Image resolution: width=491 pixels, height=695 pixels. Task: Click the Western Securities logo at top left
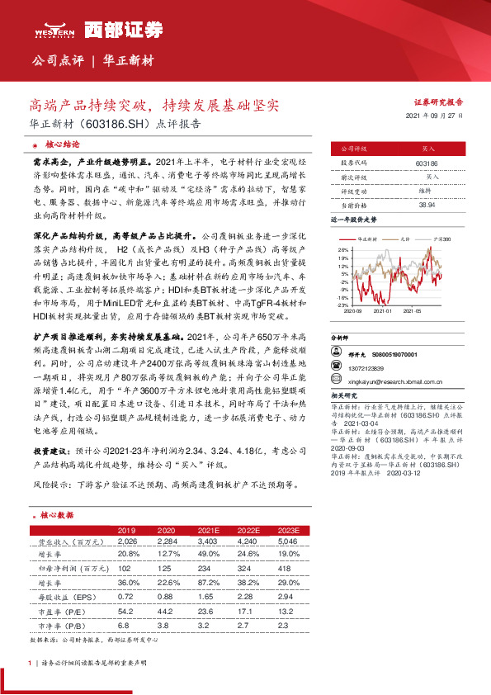click(51, 31)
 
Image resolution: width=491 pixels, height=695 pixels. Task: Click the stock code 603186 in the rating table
click(427, 164)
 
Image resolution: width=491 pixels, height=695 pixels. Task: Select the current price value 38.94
click(427, 204)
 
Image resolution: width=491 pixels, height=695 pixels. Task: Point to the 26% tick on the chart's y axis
click(343, 248)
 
